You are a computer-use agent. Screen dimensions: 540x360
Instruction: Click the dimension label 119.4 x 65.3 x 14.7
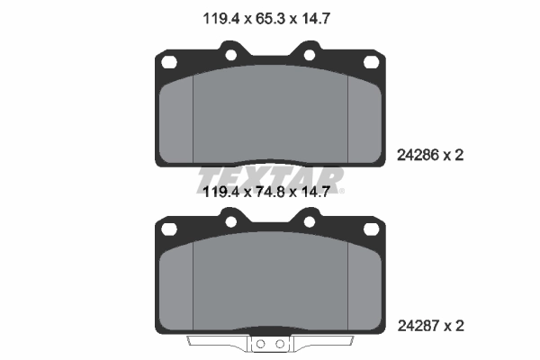pyautogui.click(x=266, y=19)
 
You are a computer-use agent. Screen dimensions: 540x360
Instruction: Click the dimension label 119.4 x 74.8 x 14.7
pyautogui.click(x=266, y=192)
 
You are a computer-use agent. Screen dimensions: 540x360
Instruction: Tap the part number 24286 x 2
pyautogui.click(x=430, y=156)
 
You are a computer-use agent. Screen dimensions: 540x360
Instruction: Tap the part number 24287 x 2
pyautogui.click(x=430, y=326)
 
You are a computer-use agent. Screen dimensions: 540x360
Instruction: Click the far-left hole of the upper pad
pyautogui.click(x=169, y=62)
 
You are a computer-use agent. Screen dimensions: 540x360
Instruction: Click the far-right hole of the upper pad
pyautogui.click(x=371, y=62)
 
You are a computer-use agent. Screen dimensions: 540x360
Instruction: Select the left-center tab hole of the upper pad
pyautogui.click(x=230, y=55)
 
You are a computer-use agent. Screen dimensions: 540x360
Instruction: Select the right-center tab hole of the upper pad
pyautogui.click(x=310, y=55)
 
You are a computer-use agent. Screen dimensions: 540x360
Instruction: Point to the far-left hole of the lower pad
pyautogui.click(x=169, y=229)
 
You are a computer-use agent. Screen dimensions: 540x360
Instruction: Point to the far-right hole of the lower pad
pyautogui.click(x=371, y=229)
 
